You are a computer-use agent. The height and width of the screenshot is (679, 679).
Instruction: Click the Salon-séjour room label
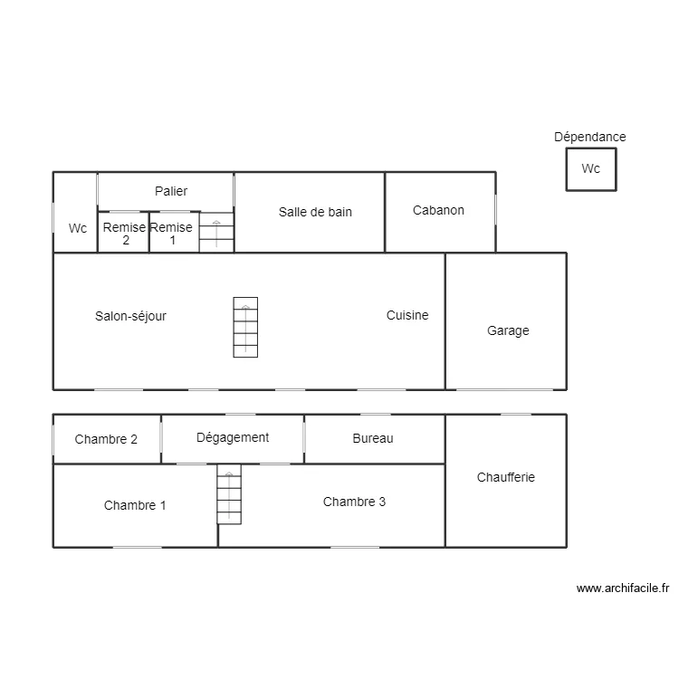point(130,316)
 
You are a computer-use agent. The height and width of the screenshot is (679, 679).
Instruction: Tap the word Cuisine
point(407,315)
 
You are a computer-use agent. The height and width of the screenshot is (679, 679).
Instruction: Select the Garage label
point(508,330)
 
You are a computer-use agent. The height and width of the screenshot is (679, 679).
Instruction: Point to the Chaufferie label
point(506,476)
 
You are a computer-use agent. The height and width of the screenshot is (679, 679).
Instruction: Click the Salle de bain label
point(315,211)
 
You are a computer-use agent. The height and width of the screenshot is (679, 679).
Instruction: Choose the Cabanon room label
point(438,210)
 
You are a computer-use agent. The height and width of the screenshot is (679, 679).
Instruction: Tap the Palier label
point(171,191)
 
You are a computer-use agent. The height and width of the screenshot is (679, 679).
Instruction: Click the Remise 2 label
point(124,234)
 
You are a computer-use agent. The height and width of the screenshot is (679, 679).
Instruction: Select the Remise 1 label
point(171,234)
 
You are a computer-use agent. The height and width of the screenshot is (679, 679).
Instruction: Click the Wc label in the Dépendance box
point(590,168)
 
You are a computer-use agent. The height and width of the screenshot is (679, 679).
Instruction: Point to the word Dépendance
point(590,137)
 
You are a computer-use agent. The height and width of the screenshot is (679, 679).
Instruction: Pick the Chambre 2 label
point(106,439)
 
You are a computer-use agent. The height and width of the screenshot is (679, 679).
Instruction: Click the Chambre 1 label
point(135,505)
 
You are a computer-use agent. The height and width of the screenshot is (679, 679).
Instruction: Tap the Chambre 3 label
point(354,501)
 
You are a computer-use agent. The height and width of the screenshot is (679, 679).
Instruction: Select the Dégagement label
point(233,437)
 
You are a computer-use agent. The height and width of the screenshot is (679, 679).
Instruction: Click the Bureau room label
point(373,438)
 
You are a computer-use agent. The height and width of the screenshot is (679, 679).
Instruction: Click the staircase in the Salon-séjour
point(245,327)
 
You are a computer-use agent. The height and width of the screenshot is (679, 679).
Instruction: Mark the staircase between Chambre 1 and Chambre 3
point(229,494)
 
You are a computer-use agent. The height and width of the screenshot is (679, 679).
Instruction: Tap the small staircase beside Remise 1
point(216,232)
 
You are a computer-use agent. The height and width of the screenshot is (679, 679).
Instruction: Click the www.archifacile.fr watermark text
point(622,588)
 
